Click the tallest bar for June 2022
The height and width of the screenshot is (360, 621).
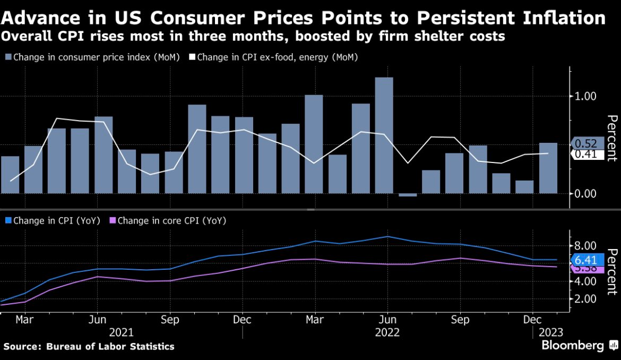(x=384, y=135)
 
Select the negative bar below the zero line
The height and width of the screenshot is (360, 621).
(x=408, y=195)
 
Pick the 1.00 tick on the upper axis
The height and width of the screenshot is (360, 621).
(x=586, y=97)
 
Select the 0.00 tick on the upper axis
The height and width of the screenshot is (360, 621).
(x=586, y=193)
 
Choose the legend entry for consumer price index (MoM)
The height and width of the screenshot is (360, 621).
(x=92, y=57)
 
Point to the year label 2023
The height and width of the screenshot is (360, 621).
(x=551, y=332)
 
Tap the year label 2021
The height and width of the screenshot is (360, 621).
(x=122, y=332)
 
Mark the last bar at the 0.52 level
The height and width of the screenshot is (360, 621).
(x=548, y=168)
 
